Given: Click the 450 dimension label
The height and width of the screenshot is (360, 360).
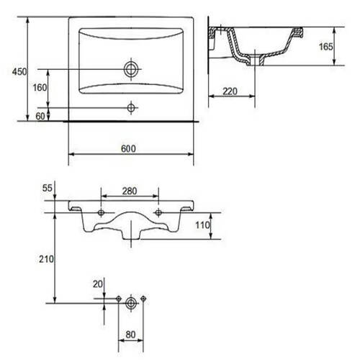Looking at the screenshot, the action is point(19,71).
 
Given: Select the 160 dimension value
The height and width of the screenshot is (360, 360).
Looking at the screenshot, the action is point(40,88).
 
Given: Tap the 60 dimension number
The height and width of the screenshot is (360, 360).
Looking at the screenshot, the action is point(40,116).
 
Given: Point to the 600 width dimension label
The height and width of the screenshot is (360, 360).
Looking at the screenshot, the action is point(128,149).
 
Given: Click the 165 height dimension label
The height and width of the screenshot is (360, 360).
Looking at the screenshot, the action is point(326,47).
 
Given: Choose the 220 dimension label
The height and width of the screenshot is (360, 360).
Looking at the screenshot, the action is point(230,91).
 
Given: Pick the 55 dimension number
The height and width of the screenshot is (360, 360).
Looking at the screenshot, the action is point(48,188).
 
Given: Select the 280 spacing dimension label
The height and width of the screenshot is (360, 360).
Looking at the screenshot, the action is point(130,191).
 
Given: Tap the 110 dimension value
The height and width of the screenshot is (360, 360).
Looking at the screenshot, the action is point(202,225).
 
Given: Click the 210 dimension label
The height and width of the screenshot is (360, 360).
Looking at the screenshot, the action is point(46,259).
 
